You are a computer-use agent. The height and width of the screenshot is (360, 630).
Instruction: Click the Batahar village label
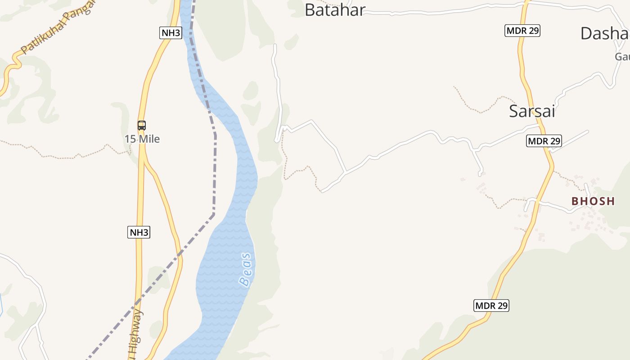[x=334, y=10]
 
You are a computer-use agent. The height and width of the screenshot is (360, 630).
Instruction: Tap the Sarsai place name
[x=532, y=111]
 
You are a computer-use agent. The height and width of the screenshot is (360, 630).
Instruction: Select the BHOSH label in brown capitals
[x=593, y=201]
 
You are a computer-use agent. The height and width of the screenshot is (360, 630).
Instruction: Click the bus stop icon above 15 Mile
[x=142, y=126]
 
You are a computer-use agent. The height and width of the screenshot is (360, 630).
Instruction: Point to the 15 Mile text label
[x=142, y=139]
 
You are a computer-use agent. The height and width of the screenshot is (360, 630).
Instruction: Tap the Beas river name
[x=246, y=270]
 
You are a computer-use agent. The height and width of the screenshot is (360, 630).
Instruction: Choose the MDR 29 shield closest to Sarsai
[x=544, y=141]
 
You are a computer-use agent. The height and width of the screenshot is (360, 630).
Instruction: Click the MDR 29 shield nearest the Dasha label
[x=522, y=31]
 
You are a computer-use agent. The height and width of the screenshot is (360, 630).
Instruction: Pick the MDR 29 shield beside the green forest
[x=491, y=306]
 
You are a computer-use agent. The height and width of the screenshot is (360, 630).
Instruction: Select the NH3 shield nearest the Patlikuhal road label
[x=171, y=32]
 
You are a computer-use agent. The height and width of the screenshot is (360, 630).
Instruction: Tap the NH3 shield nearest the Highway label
[x=139, y=232]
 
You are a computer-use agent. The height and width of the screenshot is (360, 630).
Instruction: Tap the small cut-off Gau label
[x=622, y=57]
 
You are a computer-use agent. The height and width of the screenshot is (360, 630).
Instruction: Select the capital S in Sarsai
[x=514, y=111]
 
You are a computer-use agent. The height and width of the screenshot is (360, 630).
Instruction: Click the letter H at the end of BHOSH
[x=610, y=201]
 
